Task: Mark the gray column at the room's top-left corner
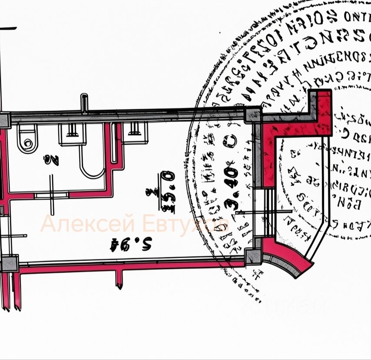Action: point(4,119)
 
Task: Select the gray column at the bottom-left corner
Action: point(9,263)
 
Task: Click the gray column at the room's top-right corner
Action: point(252,115)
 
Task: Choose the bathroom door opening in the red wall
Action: point(51,195)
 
